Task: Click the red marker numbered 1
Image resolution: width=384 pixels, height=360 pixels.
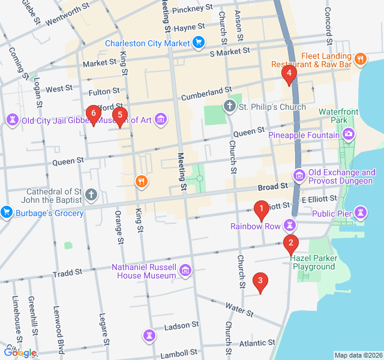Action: (x=261, y=210)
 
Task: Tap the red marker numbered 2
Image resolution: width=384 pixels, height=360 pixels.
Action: (x=290, y=243)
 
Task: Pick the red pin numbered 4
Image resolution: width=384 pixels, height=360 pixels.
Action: (x=289, y=75)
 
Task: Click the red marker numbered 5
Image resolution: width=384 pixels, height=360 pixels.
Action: (x=120, y=115)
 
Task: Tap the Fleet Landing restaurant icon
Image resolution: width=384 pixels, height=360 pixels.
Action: (x=360, y=59)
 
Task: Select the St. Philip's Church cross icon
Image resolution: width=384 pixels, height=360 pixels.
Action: (x=229, y=107)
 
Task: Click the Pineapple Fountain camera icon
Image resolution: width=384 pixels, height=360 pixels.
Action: (x=349, y=135)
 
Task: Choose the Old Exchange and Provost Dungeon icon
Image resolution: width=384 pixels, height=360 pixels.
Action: (x=298, y=175)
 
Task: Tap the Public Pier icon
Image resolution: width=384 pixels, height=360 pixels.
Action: (x=360, y=212)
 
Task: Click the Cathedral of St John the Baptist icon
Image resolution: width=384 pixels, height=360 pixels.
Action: (x=91, y=194)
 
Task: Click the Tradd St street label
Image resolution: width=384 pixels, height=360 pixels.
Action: (x=67, y=273)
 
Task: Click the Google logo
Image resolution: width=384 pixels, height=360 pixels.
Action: (x=19, y=353)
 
